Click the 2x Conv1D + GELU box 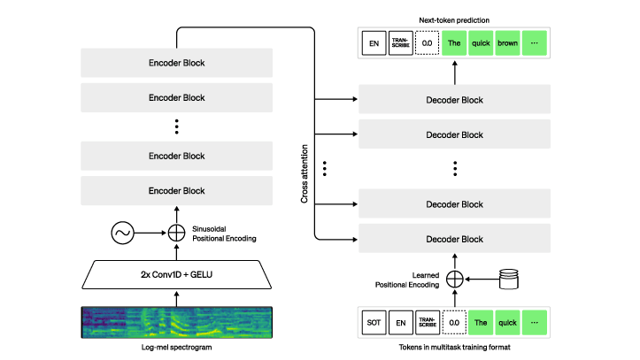(176, 274)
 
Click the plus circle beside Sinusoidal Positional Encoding (176, 233)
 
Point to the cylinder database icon (509, 280)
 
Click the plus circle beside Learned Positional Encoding (454, 280)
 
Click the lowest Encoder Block (176, 190)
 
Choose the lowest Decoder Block (454, 238)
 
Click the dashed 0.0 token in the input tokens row (454, 323)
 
